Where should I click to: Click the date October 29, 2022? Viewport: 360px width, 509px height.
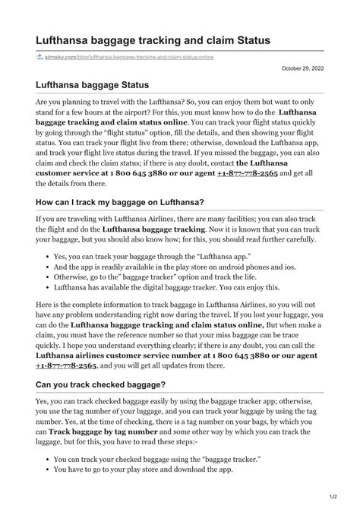302,67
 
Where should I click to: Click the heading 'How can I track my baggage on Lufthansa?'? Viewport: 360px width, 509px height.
120,202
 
